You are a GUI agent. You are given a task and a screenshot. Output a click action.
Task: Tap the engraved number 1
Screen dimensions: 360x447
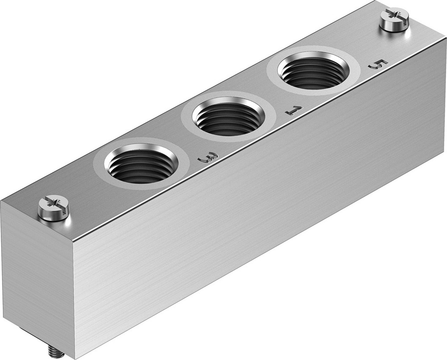click(x=294, y=110)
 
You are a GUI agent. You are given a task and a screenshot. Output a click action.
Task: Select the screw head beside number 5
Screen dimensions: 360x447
click(x=394, y=20)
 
